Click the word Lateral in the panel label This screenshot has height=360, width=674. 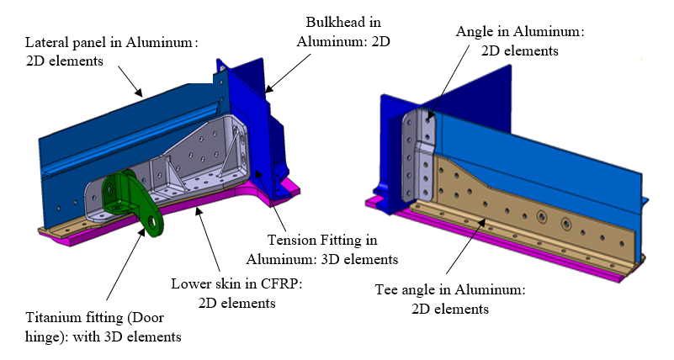[48, 41]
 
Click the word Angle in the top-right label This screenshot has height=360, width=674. [474, 32]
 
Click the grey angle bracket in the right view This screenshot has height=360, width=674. [420, 151]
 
